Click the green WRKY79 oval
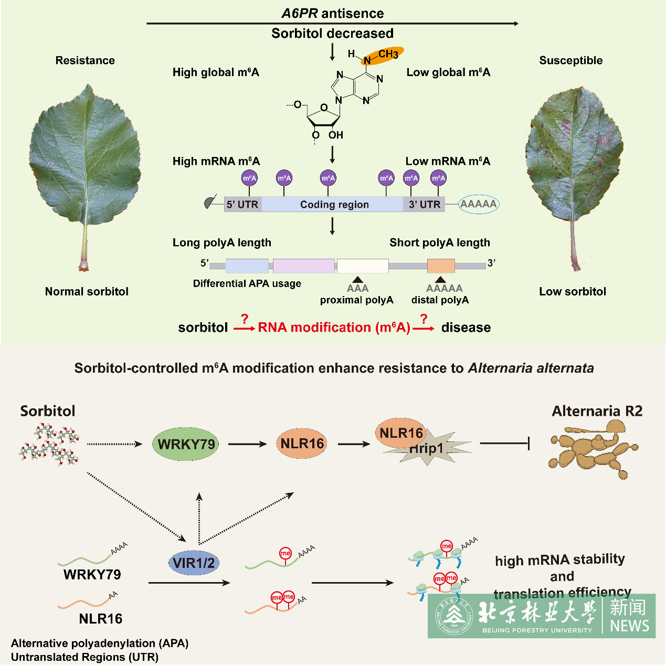186,445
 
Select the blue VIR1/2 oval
194,563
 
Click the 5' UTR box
242,204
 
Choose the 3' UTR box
424,204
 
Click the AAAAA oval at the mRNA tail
478,204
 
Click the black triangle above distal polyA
441,280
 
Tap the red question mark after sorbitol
244,319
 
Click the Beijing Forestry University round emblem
453,616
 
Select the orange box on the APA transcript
441,266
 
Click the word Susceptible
570,60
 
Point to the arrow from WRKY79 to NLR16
247,445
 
